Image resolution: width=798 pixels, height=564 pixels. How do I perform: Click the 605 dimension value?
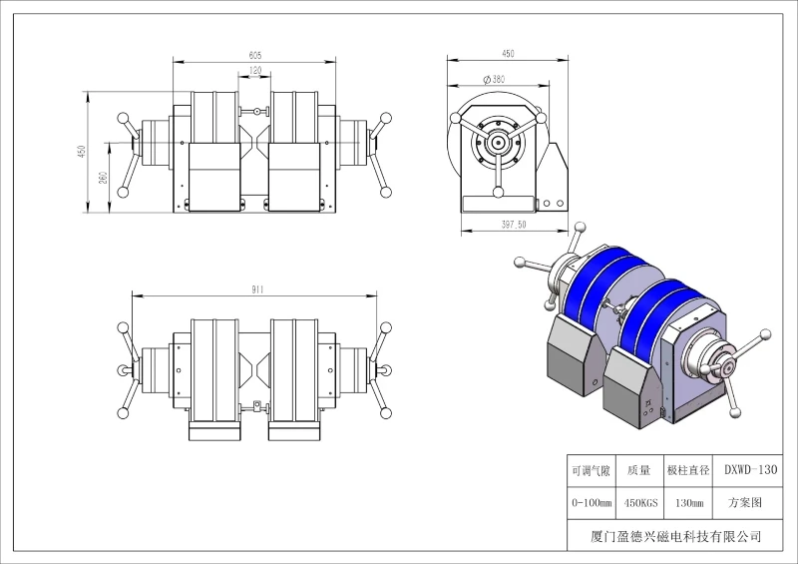tap(255, 55)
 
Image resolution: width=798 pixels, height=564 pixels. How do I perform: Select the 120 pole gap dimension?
tap(255, 70)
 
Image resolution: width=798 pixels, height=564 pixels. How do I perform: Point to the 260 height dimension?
tap(103, 178)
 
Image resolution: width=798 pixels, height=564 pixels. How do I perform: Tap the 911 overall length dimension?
tap(257, 289)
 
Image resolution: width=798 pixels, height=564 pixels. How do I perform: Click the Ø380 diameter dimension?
tap(494, 79)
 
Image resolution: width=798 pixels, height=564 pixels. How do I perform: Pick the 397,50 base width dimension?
tap(514, 225)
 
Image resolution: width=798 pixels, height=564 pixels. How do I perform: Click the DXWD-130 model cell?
tap(751, 469)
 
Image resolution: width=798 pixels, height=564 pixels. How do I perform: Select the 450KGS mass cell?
tap(640, 503)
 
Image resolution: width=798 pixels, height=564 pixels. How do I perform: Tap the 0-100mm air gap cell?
tap(592, 503)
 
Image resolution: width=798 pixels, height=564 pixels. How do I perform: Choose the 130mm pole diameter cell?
tap(689, 503)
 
